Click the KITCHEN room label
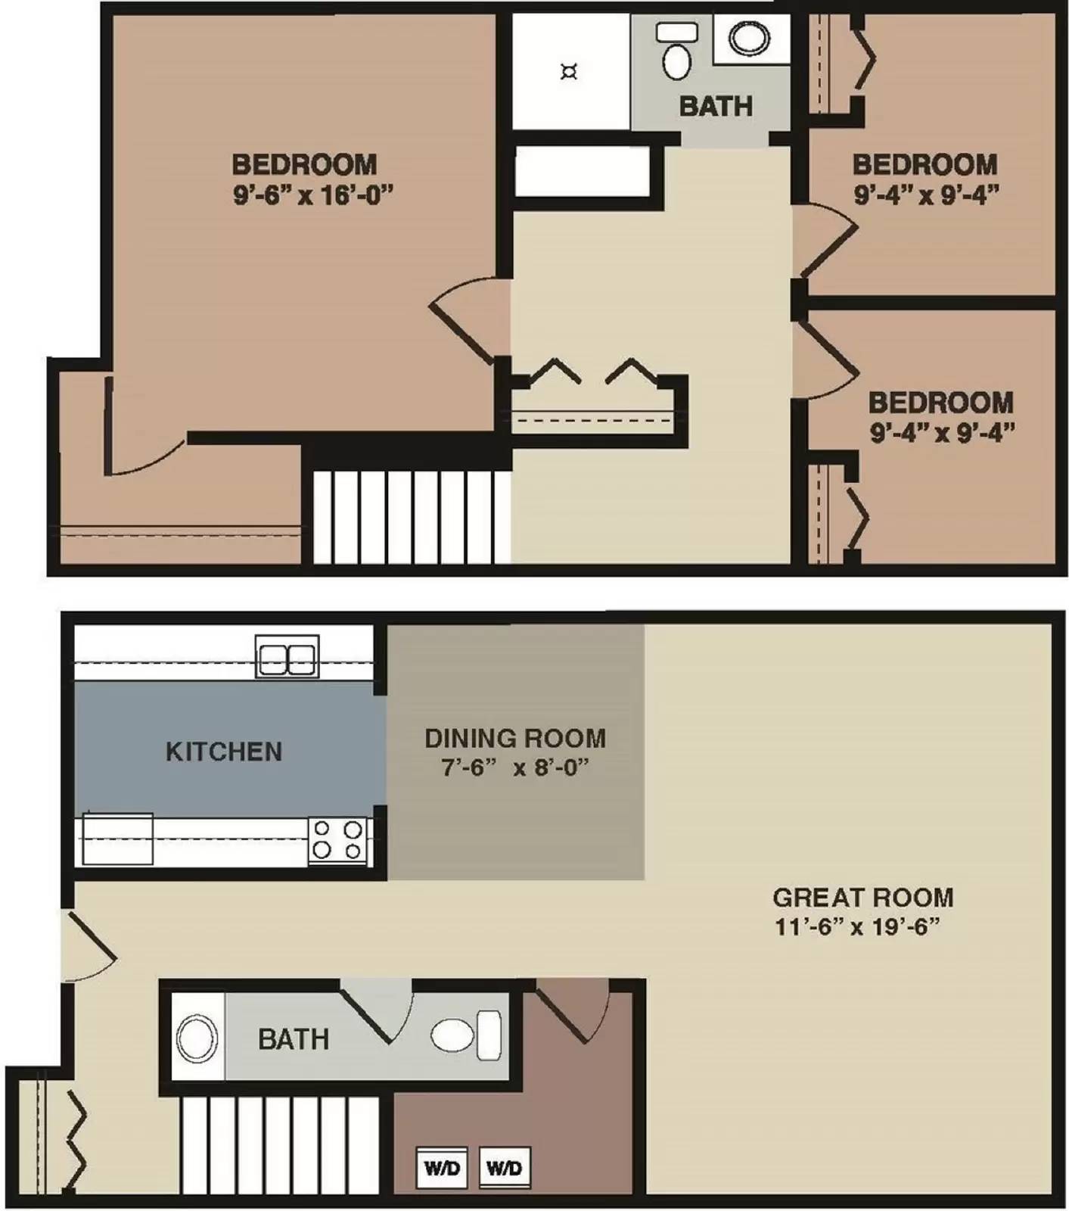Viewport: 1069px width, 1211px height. pos(224,752)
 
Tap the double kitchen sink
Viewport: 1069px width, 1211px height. pos(287,657)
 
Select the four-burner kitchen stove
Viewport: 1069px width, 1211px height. pos(337,840)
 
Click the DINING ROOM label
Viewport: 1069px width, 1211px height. pos(515,738)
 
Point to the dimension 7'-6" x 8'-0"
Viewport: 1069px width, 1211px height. pos(515,767)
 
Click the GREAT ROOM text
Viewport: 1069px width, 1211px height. pos(862,898)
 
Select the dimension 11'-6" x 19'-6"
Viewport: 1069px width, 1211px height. pos(857,926)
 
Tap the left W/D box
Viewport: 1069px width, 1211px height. pos(442,1167)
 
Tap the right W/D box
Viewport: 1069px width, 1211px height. pos(505,1167)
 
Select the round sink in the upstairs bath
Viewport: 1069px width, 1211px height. pos(748,38)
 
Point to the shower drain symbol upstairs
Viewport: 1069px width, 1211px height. pos(569,73)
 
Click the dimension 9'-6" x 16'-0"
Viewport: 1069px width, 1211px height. pos(313,195)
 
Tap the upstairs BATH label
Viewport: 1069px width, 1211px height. pos(715,107)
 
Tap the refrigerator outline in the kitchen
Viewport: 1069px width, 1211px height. pos(117,839)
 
